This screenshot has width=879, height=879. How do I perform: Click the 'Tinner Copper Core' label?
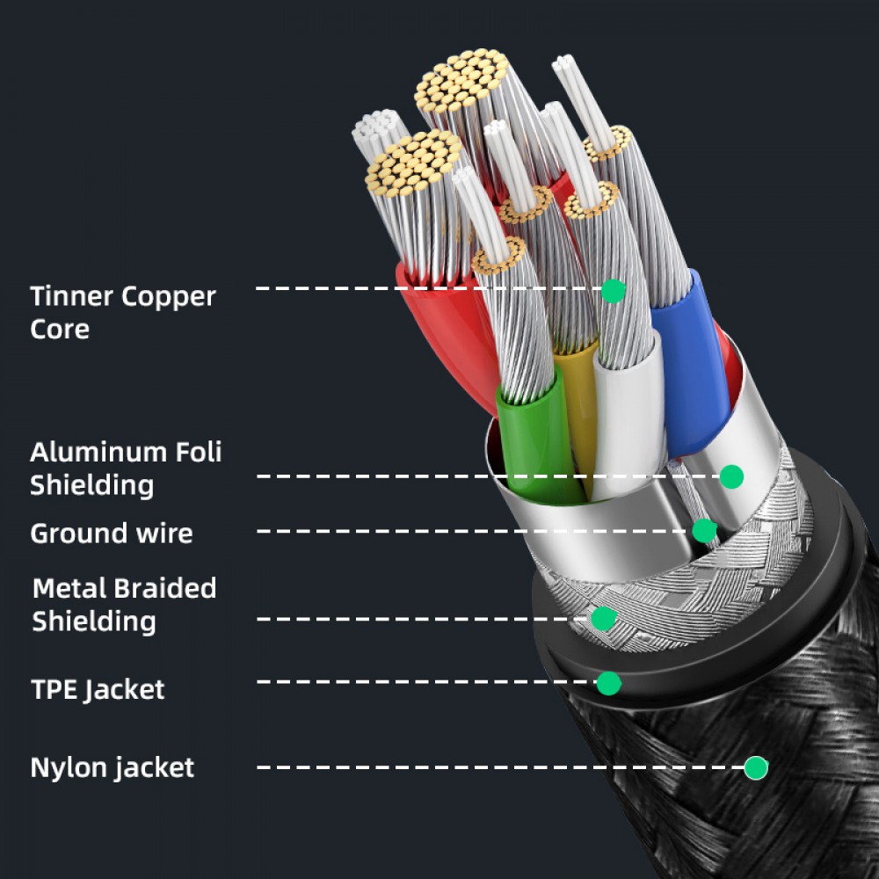[122, 312]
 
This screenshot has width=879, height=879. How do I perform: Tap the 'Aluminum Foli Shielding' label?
[126, 468]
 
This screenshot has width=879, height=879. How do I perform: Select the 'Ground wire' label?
[112, 533]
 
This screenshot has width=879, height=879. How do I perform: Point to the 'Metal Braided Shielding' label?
[124, 604]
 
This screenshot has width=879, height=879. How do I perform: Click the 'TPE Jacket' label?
[98, 688]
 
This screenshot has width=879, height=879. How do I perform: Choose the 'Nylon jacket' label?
[113, 766]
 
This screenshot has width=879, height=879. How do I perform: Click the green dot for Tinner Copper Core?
[613, 291]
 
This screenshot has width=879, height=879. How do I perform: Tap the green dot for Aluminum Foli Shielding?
[731, 476]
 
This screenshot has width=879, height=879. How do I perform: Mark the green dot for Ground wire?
[704, 531]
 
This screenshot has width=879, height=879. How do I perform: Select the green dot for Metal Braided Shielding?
[603, 619]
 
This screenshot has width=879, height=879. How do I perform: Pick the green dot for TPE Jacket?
[608, 682]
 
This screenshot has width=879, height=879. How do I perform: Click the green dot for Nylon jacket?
[755, 767]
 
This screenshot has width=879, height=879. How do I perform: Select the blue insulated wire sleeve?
[694, 352]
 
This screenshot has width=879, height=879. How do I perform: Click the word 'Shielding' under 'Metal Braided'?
[94, 621]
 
